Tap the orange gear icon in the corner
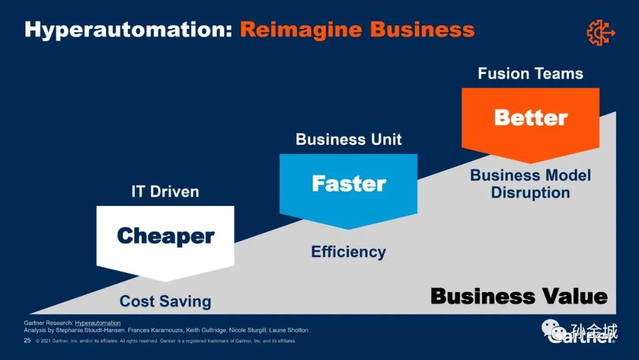(x=601, y=32)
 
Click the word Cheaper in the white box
(x=166, y=236)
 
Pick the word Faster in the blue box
(x=348, y=184)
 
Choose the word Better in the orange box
(x=531, y=117)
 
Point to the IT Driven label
(x=165, y=192)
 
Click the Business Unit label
(x=348, y=140)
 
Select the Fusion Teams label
(x=530, y=73)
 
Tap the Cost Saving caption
(x=165, y=301)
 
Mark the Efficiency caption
(x=348, y=252)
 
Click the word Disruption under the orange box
(x=530, y=193)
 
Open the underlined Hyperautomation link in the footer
(x=98, y=323)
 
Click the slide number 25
(x=27, y=341)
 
